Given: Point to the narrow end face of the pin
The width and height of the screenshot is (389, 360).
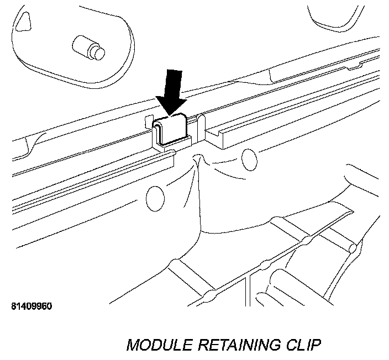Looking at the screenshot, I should tap(97, 53).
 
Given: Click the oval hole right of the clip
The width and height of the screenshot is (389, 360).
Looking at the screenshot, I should tap(249, 159).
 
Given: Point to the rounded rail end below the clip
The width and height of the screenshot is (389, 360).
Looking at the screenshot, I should tap(169, 157).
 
